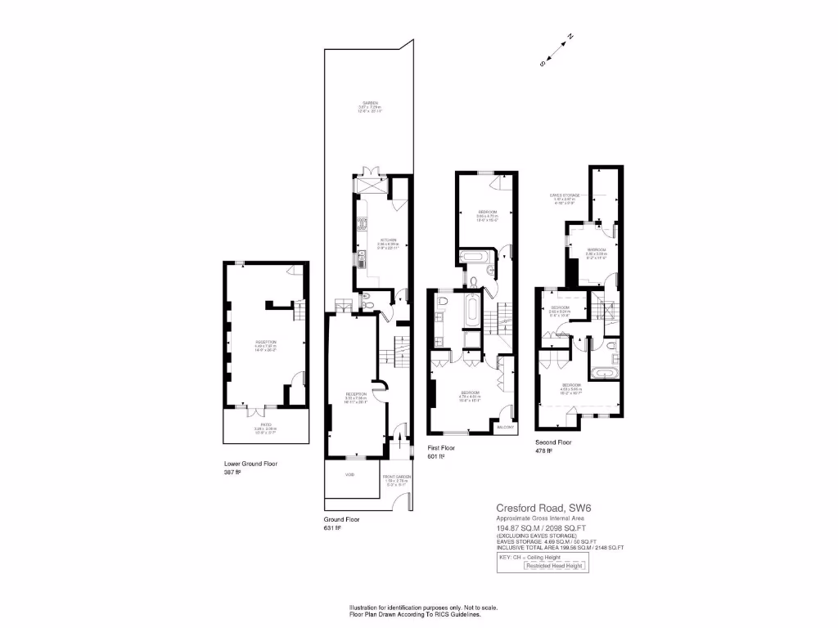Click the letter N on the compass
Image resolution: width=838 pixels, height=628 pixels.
(x=570, y=37)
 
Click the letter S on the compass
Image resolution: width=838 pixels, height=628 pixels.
(x=542, y=63)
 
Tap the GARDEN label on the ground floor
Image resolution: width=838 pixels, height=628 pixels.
(x=370, y=103)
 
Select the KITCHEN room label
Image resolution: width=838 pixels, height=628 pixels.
(x=377, y=240)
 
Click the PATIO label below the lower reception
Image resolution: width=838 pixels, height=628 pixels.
(x=266, y=424)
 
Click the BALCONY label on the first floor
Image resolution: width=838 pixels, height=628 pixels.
(x=506, y=427)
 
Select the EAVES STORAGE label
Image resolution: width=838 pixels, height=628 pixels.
(x=565, y=195)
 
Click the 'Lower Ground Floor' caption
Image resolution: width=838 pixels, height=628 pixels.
(x=250, y=464)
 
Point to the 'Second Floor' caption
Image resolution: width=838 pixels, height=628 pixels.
(x=553, y=442)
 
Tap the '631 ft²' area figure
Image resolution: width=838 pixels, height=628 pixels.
(x=331, y=527)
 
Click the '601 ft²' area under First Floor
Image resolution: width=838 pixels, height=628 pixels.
(x=435, y=456)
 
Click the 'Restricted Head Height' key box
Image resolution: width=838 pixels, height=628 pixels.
(x=555, y=566)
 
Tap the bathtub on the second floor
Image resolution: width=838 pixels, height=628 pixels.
(x=606, y=374)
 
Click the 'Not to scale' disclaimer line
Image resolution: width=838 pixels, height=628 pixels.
(x=423, y=608)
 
